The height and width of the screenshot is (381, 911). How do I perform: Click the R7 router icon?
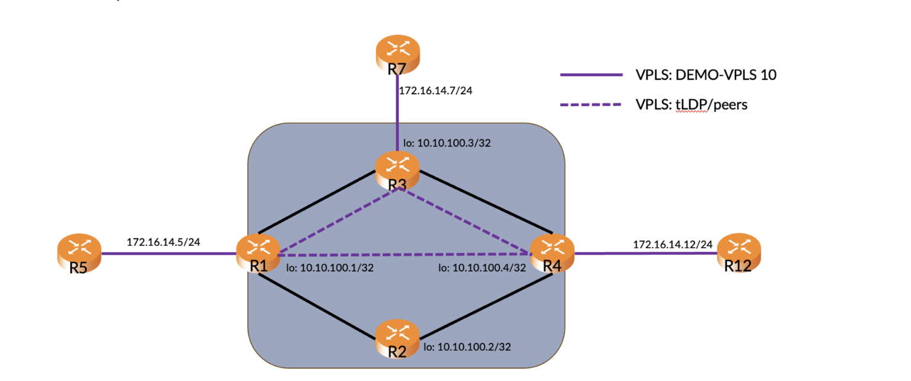[397, 52]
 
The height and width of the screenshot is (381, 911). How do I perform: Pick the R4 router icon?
[552, 251]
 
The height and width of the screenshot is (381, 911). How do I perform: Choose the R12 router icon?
[738, 251]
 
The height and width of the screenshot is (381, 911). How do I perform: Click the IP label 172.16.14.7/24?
[435, 91]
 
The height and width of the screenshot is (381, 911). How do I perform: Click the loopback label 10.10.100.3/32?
[447, 143]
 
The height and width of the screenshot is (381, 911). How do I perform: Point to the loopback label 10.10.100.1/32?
[330, 268]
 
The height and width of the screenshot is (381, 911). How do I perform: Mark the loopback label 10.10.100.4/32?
[482, 268]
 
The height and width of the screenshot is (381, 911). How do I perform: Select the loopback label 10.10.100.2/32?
[467, 347]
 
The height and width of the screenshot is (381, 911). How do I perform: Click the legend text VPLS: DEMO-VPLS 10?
[706, 75]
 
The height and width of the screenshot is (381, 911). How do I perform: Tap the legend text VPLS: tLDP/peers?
[692, 105]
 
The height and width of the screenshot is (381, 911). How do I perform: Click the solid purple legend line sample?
[591, 75]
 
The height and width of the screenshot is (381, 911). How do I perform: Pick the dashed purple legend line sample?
[591, 105]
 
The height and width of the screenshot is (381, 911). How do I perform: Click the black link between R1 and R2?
[320, 308]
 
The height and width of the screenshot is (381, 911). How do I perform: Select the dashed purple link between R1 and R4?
[403, 254]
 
